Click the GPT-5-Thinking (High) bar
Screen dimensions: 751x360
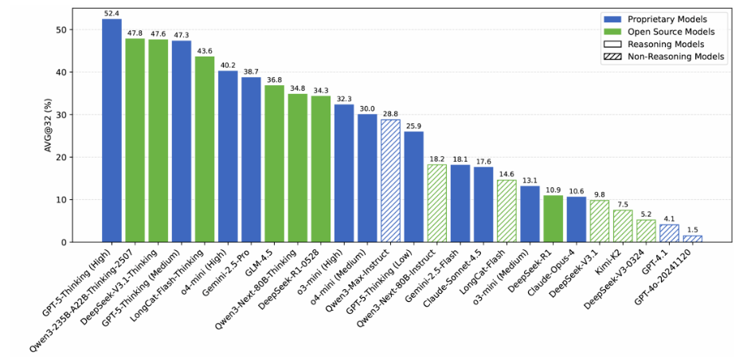pyautogui.click(x=111, y=131)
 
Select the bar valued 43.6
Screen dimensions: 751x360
pyautogui.click(x=205, y=150)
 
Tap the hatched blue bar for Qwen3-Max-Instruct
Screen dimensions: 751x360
pyautogui.click(x=390, y=181)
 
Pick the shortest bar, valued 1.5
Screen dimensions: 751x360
pyautogui.click(x=693, y=239)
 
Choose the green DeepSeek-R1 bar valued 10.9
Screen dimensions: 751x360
pyautogui.click(x=553, y=219)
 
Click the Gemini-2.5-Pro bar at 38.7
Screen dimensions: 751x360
pyautogui.click(x=251, y=160)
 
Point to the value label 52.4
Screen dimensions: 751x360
pyautogui.click(x=111, y=14)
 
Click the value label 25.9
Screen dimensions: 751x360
pyautogui.click(x=414, y=126)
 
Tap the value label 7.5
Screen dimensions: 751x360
pyautogui.click(x=623, y=205)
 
